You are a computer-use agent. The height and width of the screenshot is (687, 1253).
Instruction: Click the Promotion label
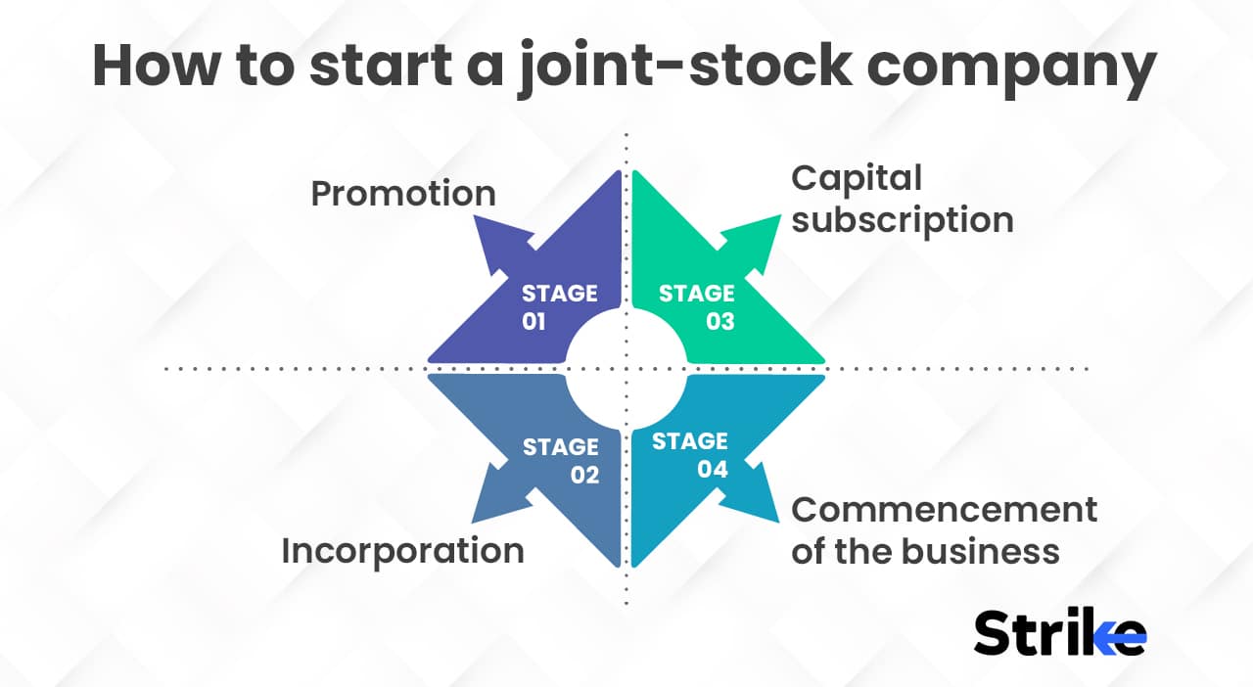tap(402, 194)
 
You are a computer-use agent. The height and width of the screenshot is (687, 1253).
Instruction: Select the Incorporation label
tap(402, 551)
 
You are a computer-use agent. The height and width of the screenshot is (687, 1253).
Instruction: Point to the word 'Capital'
tap(857, 178)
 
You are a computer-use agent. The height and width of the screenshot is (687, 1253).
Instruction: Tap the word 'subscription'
tap(902, 220)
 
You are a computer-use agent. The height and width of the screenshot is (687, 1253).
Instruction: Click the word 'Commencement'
tap(944, 510)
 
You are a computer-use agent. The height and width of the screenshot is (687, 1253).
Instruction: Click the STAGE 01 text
tap(559, 306)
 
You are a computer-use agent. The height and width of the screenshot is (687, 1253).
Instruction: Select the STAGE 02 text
tap(560, 460)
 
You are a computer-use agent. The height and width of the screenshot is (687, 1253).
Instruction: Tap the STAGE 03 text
tap(696, 306)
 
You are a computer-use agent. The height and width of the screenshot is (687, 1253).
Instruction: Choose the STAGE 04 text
tap(690, 455)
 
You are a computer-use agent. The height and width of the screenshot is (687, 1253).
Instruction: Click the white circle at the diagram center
tap(626, 369)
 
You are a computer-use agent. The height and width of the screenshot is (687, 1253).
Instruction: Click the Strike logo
tap(1059, 633)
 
